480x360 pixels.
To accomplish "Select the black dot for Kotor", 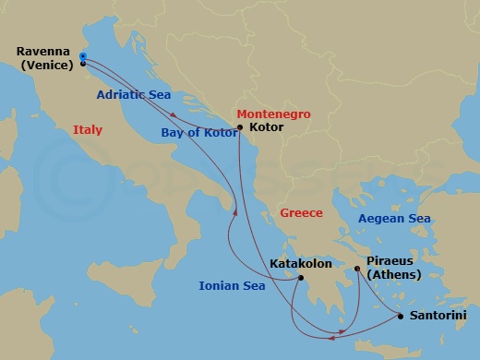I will pos(239,127).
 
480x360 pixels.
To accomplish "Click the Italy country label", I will pos(88,131).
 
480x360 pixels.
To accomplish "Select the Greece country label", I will pos(301,213).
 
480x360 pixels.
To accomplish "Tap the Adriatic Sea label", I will pos(134,94).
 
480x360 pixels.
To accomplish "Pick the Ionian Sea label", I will pos(232,286).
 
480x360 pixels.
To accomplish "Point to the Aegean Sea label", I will pos(394,219).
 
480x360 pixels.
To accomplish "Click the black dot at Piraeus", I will pos(358,269).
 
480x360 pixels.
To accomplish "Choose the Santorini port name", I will pos(437,316).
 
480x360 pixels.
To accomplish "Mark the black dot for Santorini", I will pos(400,317).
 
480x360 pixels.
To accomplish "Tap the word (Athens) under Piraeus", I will pos(394,274).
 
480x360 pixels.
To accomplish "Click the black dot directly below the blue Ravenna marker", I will pos(83,65).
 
